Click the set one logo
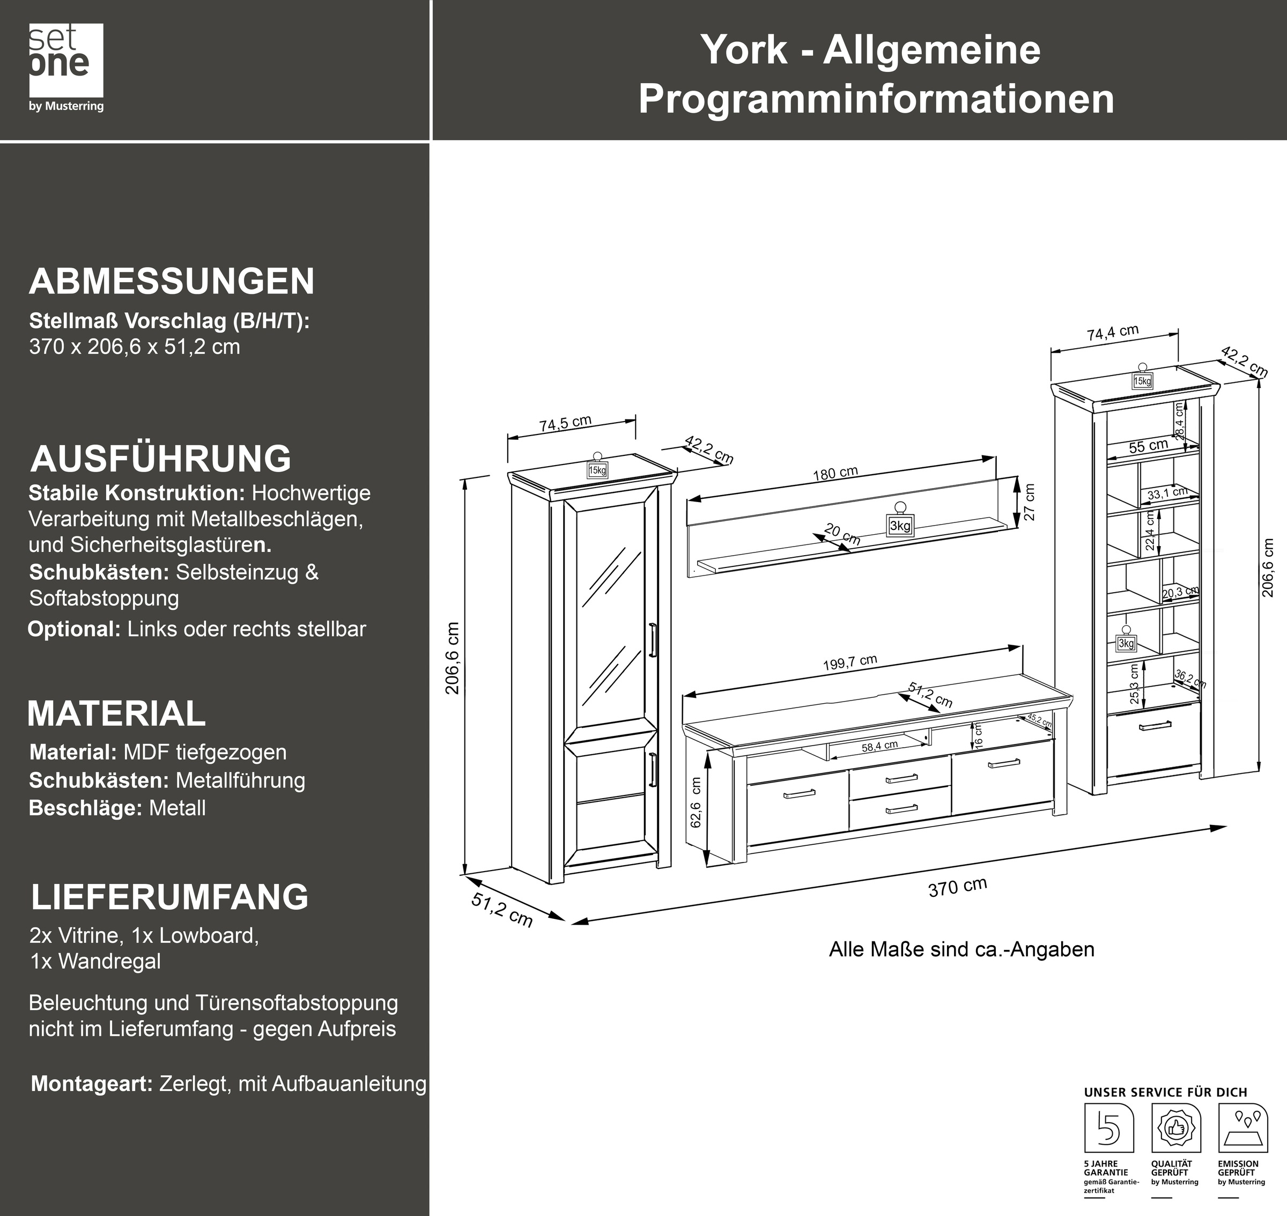[65, 67]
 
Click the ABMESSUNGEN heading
[172, 281]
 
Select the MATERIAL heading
[117, 713]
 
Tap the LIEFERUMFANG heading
[170, 896]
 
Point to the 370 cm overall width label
[957, 887]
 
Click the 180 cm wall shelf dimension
[835, 473]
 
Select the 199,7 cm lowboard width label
[849, 663]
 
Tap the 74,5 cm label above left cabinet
[565, 423]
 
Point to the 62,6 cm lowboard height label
[696, 802]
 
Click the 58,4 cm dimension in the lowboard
[879, 746]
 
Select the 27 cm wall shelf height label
[1030, 502]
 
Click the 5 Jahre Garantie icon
[1109, 1129]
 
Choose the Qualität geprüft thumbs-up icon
[1175, 1129]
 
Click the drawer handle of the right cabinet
[1155, 726]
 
